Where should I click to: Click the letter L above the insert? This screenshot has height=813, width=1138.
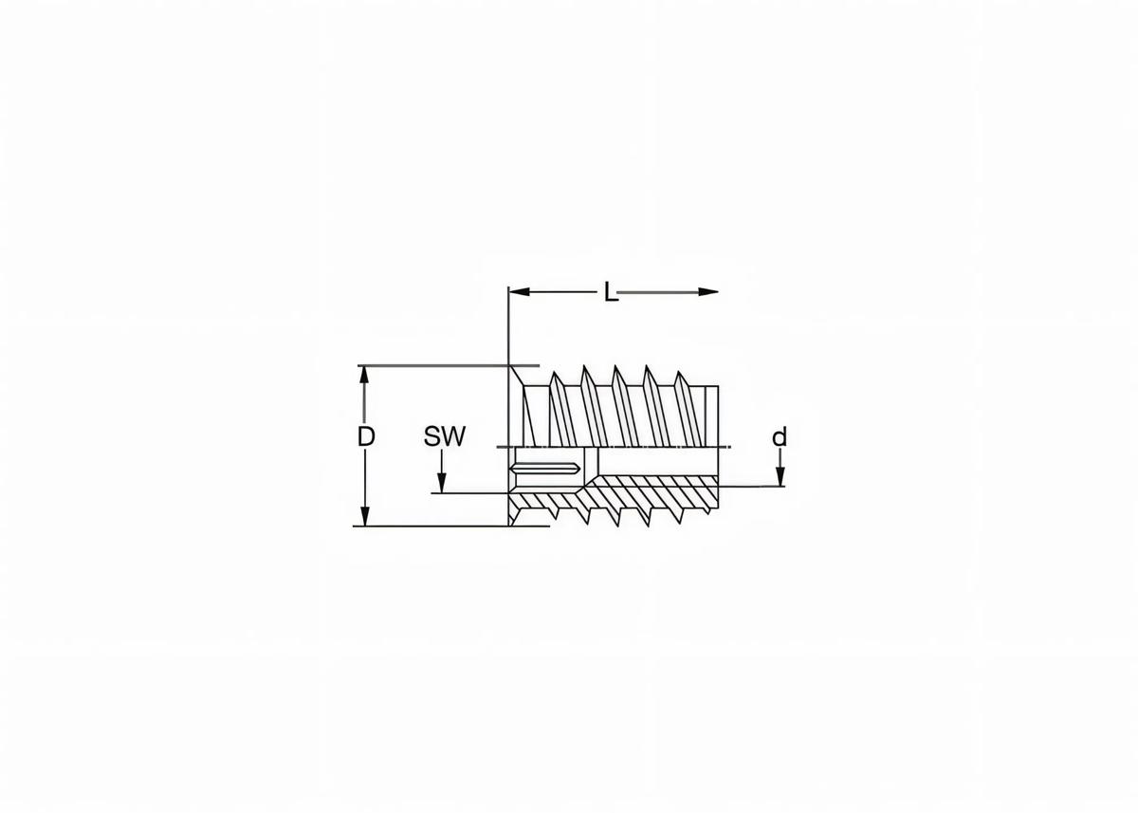pyautogui.click(x=612, y=292)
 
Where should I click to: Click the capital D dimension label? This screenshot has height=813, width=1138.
pyautogui.click(x=366, y=436)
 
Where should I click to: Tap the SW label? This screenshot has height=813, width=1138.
pyautogui.click(x=445, y=436)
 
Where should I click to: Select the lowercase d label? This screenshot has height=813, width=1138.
pyautogui.click(x=780, y=437)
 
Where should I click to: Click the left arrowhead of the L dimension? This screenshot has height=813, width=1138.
pyautogui.click(x=518, y=291)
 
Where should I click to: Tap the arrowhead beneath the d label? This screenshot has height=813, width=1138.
pyautogui.click(x=780, y=478)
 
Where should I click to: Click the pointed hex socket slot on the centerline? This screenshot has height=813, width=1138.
pyautogui.click(x=546, y=469)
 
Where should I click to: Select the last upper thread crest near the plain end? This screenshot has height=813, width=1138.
pyautogui.click(x=679, y=377)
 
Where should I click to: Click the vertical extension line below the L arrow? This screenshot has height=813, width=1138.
pyautogui.click(x=509, y=332)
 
